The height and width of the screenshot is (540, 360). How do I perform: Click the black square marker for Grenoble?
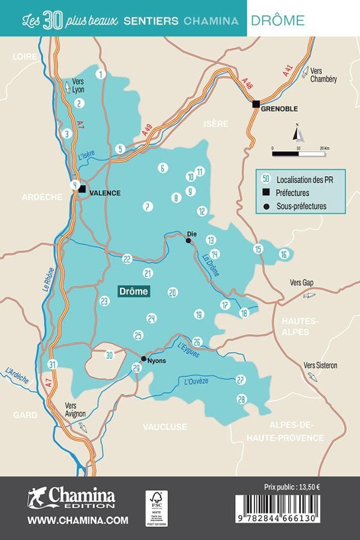[x=256, y=104]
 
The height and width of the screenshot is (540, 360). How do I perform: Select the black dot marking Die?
[x=188, y=241]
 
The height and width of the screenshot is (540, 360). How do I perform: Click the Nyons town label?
[x=156, y=361]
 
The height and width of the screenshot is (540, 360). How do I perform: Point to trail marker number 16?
[x=284, y=254]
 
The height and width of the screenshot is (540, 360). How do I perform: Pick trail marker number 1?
[x=101, y=74]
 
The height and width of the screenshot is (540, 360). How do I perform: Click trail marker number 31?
[x=53, y=364]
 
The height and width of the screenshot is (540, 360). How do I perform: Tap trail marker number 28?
[x=242, y=399]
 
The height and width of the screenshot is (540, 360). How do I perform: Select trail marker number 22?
[x=127, y=259]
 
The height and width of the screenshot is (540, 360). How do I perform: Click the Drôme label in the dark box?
[x=133, y=292]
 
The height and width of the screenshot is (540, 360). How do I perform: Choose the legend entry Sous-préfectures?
[x=302, y=206]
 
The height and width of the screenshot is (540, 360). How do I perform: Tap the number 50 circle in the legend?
[x=266, y=179]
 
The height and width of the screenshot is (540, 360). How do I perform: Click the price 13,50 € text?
[x=292, y=487]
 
